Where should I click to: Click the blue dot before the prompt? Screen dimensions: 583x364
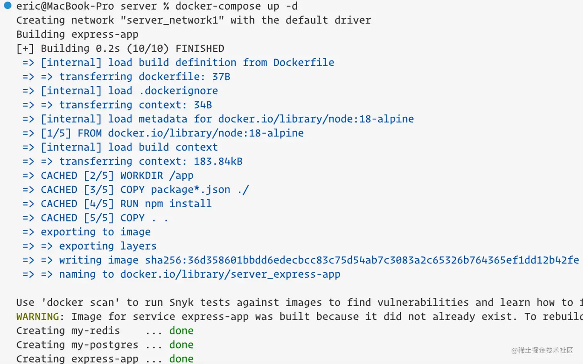pos(7,6)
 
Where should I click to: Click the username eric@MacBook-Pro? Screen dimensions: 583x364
pos(65,6)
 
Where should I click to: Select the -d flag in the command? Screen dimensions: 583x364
pos(291,6)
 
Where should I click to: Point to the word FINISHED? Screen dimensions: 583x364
pos(200,49)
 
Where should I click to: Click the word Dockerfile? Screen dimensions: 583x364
pos(304,62)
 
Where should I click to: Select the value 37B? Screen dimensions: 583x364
pos(221,77)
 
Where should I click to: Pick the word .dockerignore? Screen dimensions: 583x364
pos(179,91)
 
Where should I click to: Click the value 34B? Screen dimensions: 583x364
pos(203,105)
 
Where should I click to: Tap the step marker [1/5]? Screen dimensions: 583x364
pos(56,133)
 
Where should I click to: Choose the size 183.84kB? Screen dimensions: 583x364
pos(218,161)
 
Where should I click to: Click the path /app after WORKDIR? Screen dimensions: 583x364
pos(181,176)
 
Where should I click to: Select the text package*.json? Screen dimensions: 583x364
pos(190,190)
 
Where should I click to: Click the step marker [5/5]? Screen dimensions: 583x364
pos(99,218)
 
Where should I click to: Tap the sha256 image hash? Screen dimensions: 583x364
pos(362,260)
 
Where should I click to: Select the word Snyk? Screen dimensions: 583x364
pos(181,303)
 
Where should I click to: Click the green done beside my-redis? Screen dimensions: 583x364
pos(181,331)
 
